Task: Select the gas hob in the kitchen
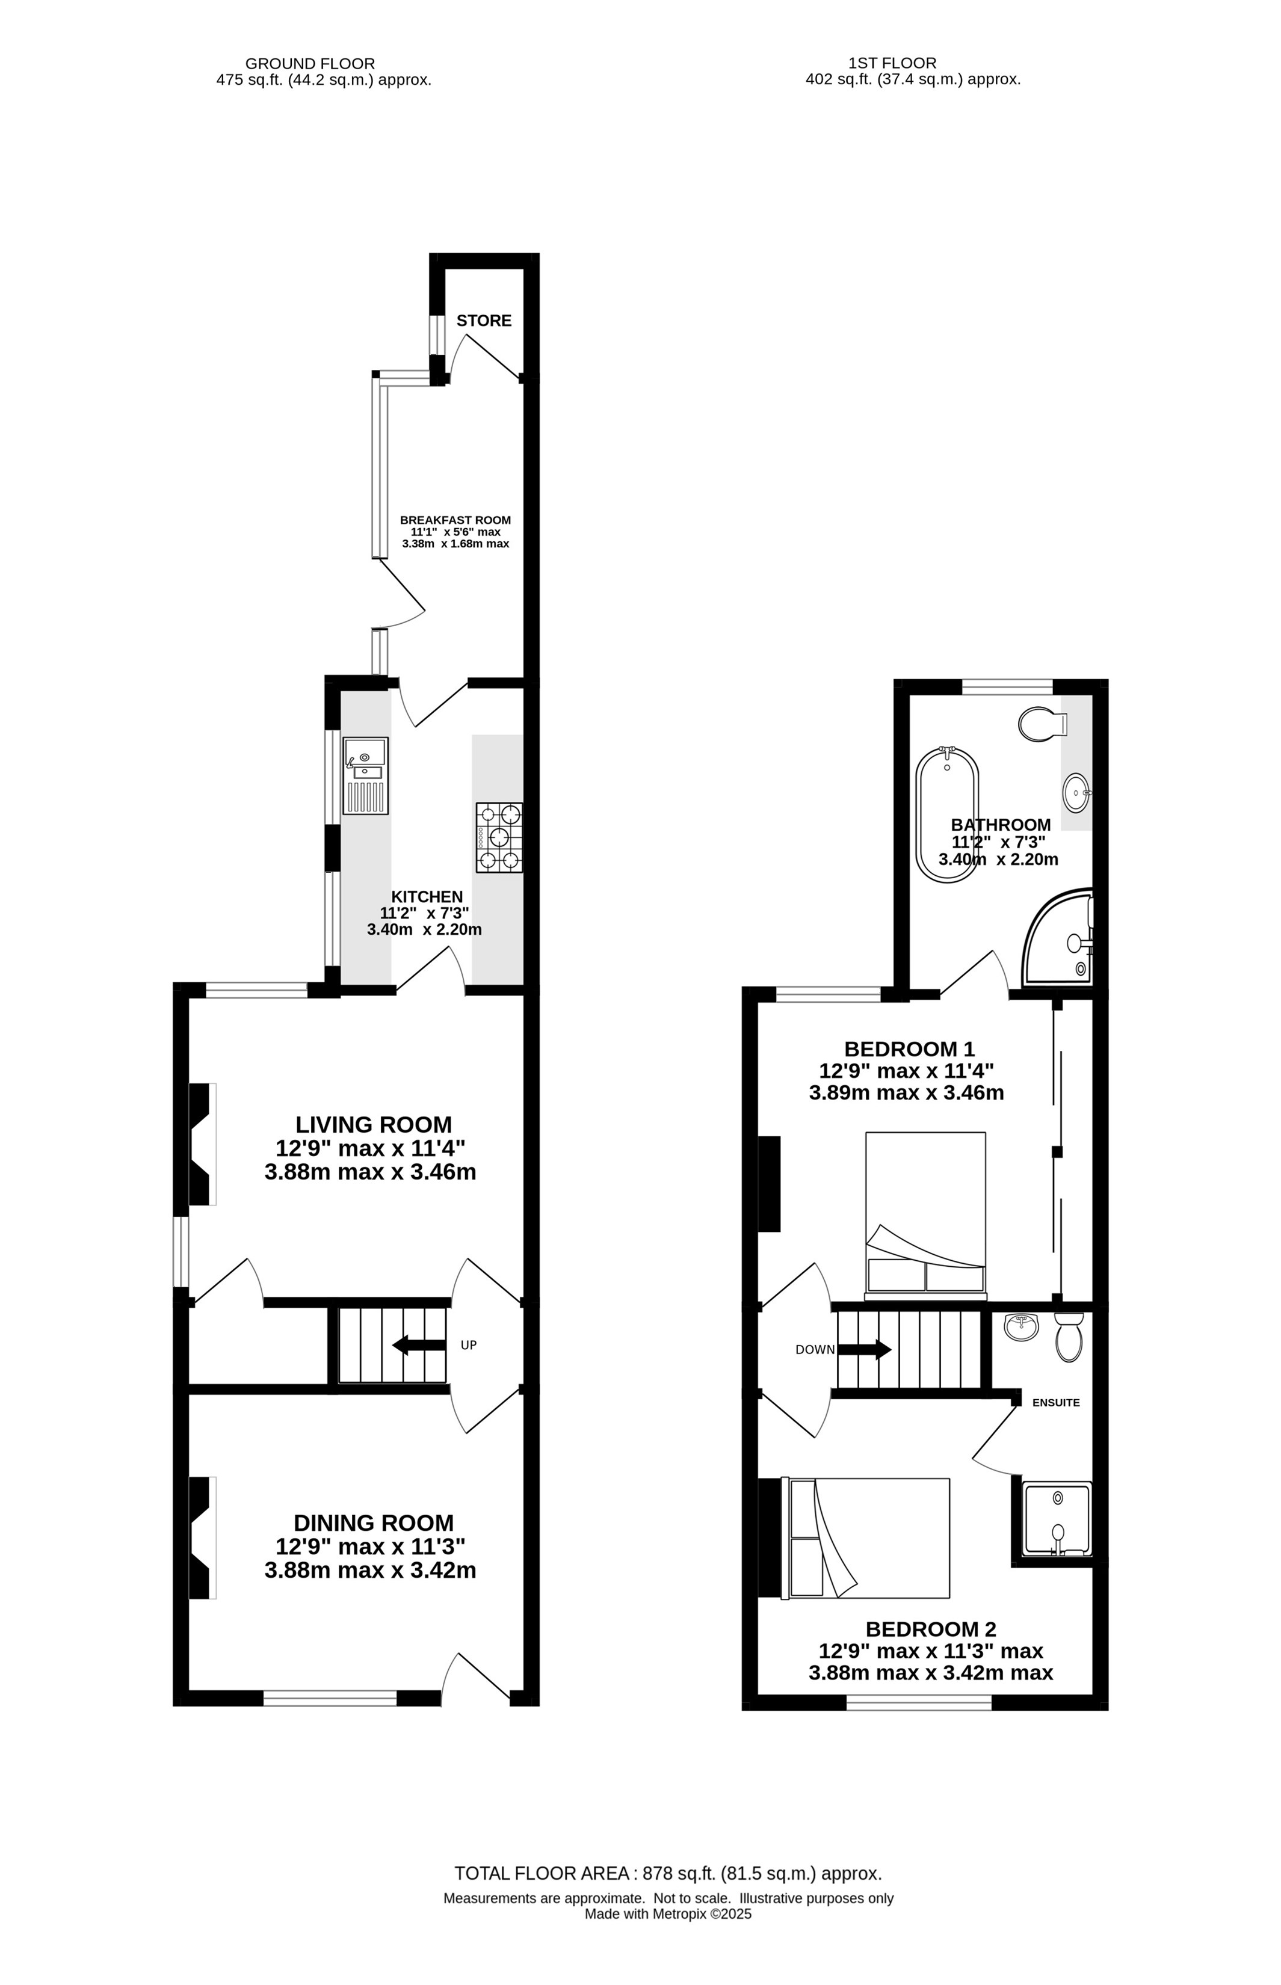click(x=499, y=837)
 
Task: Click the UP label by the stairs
click(x=468, y=1344)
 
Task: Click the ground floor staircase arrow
click(x=418, y=1344)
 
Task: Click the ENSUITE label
click(x=1055, y=1402)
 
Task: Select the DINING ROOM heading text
click(x=374, y=1522)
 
